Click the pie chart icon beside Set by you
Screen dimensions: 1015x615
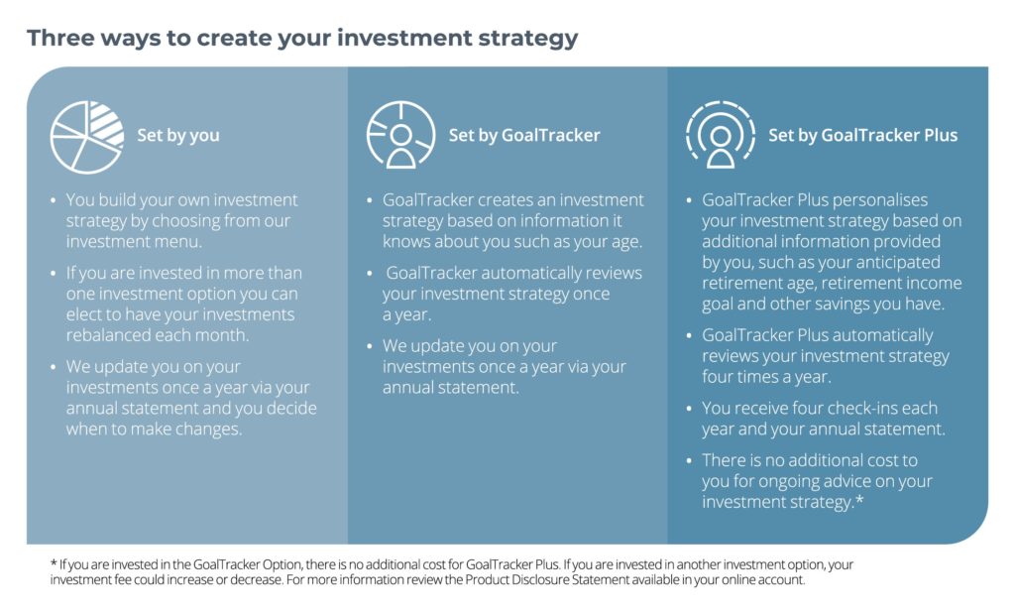coord(87,137)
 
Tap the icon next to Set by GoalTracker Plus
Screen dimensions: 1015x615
coord(720,134)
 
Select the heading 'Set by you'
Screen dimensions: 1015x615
coord(178,135)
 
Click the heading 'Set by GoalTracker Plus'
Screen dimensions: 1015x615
coord(863,135)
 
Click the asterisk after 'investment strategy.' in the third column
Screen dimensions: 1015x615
coord(859,500)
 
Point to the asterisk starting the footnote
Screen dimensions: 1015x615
coord(54,563)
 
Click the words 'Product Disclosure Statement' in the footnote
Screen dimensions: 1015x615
coord(547,579)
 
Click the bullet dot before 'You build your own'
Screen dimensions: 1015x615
coord(54,201)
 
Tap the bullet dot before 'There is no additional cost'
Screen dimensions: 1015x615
coord(689,461)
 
